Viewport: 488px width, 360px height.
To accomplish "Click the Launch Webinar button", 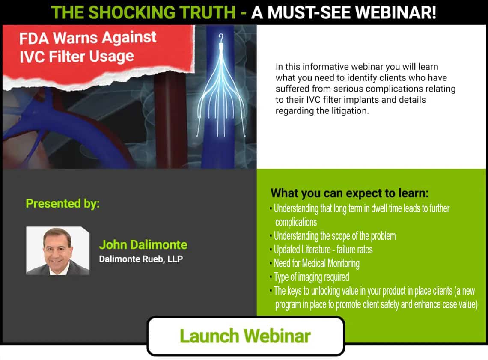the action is pos(246,336).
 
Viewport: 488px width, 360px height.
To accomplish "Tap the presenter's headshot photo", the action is pos(58,250).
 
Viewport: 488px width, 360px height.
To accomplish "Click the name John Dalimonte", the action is pos(143,244).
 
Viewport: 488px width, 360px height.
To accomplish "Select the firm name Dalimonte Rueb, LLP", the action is pos(141,259).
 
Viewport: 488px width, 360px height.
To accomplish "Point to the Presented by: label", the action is pos(62,203).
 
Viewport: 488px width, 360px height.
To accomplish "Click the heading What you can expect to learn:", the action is pos(349,193).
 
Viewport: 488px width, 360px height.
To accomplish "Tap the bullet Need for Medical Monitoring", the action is pos(316,263).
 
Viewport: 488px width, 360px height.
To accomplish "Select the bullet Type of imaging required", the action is pos(311,277).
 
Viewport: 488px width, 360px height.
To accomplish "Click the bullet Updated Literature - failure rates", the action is pos(323,250).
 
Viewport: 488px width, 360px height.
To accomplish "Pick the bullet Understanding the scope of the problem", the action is pos(335,236).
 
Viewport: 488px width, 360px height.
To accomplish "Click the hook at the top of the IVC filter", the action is pos(221,38).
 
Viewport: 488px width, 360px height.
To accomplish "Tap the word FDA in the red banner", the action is pos(34,39).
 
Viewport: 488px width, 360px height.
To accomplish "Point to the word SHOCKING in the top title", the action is pos(131,12).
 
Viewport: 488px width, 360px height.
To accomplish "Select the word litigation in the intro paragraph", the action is pos(349,111).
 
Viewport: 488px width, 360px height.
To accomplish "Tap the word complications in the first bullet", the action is pos(296,222).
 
